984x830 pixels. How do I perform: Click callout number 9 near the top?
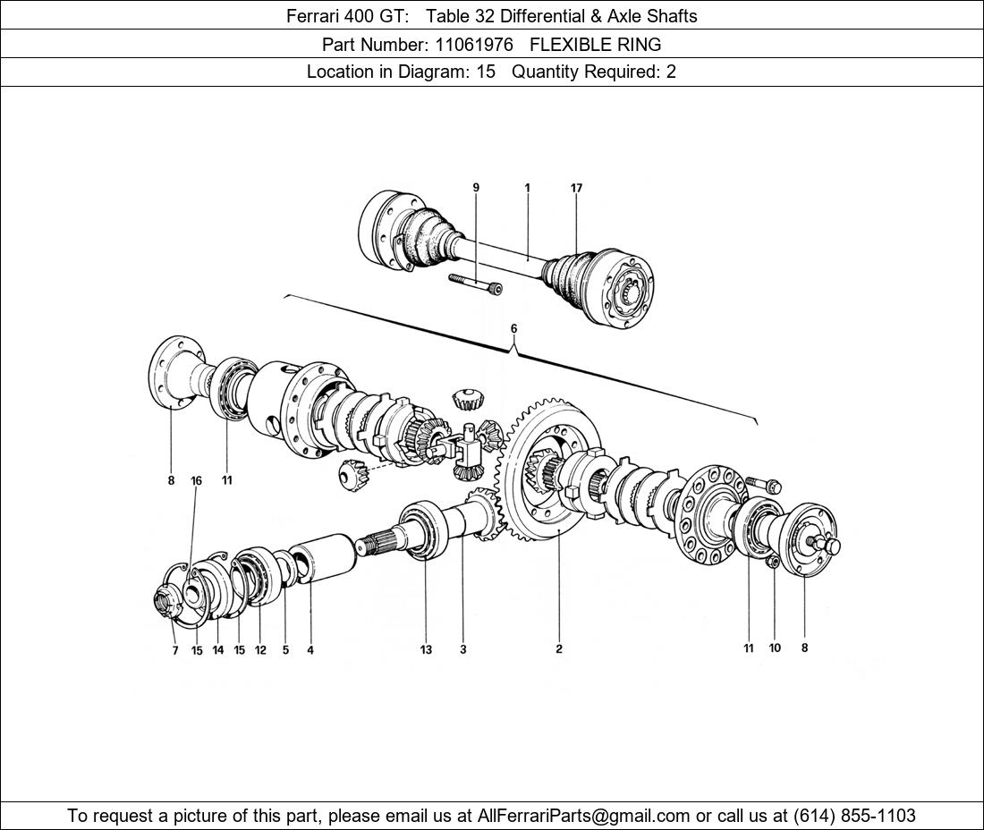476,188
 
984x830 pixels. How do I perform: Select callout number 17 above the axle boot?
576,188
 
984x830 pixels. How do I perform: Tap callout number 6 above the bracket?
513,328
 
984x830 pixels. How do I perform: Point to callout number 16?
196,480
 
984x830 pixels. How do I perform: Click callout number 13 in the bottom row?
426,649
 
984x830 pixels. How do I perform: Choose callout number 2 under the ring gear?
558,649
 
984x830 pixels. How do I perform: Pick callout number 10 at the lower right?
775,648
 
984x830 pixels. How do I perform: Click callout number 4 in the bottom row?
310,650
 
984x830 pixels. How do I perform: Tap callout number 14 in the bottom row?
217,650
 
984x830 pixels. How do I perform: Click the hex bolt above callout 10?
761,484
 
